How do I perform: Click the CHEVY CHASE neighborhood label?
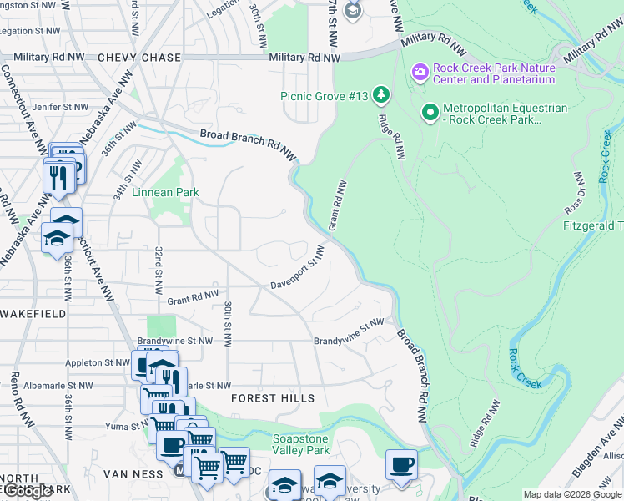[x=138, y=58]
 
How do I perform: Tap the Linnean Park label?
[x=164, y=192]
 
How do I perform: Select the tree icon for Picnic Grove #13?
[x=381, y=95]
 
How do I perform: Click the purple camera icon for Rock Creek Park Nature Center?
[x=419, y=73]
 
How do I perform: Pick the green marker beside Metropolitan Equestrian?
[x=430, y=110]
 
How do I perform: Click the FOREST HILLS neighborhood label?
[x=273, y=398]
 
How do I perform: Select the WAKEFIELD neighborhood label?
[x=33, y=314]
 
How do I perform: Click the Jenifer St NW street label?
[x=58, y=107]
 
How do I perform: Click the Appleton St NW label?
[x=99, y=363]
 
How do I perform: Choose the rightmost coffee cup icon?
[x=401, y=463]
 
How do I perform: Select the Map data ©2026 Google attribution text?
[x=573, y=494]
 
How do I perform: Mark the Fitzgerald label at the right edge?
[x=593, y=226]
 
